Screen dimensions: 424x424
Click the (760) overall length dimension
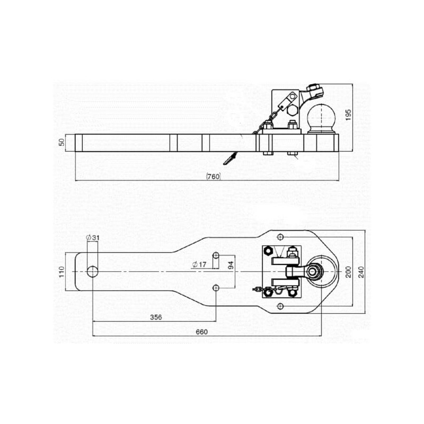click(x=214, y=176)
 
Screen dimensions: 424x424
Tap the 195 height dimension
click(x=348, y=114)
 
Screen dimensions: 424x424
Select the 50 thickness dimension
click(x=62, y=142)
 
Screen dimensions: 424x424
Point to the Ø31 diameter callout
click(x=93, y=237)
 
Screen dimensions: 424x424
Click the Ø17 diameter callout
click(x=199, y=264)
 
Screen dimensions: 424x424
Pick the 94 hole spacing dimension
click(x=231, y=266)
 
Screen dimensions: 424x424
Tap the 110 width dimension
click(x=62, y=272)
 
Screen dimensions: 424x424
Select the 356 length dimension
click(x=156, y=317)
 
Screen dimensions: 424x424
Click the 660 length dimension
click(x=202, y=332)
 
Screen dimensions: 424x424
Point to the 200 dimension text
click(x=348, y=272)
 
